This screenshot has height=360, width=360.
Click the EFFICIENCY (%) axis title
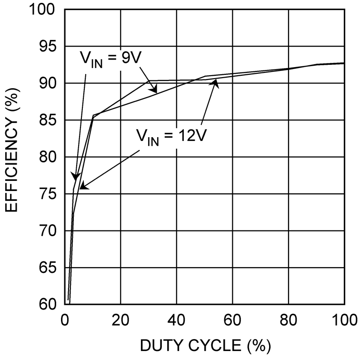click(12, 157)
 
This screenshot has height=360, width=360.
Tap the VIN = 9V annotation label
click(111, 60)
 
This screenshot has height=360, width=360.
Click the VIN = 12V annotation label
click(172, 137)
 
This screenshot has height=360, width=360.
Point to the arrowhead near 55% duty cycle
click(216, 82)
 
